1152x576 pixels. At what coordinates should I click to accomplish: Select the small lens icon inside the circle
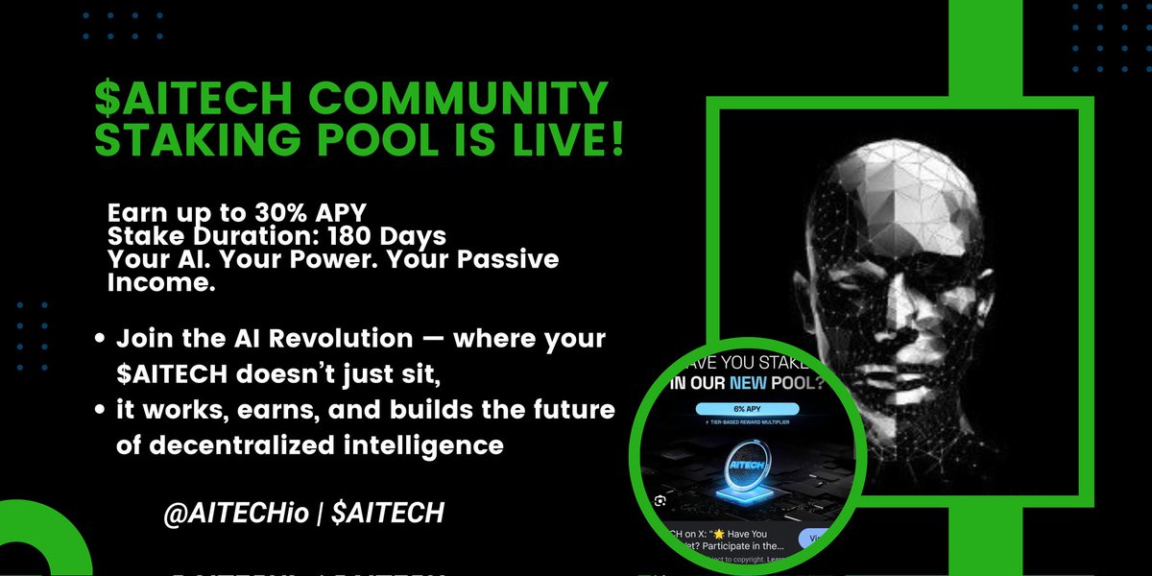(658, 500)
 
